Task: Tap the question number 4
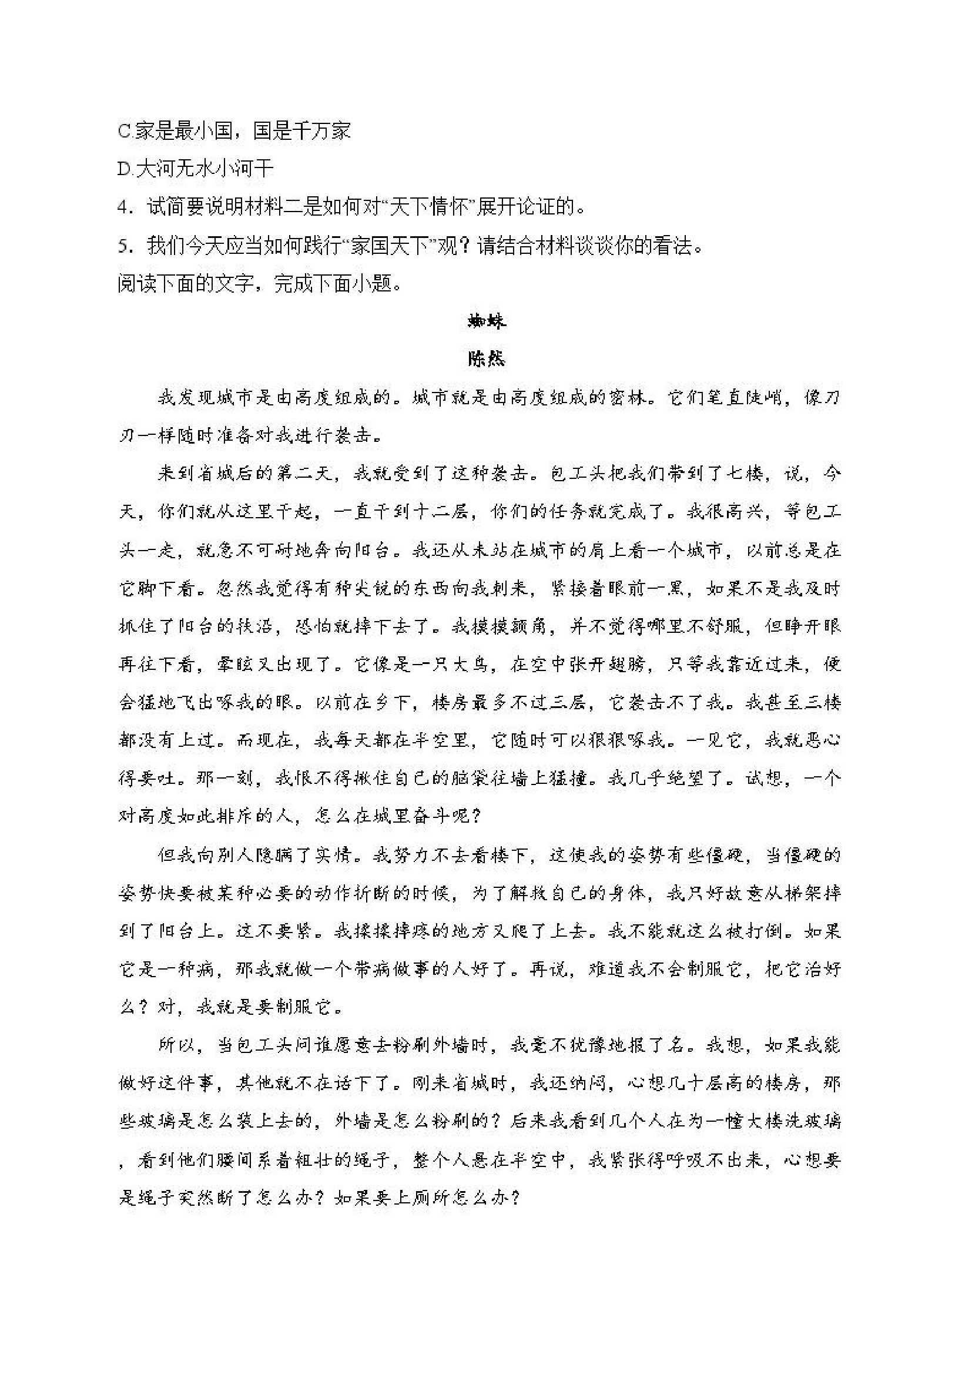(x=124, y=208)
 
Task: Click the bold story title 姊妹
(x=487, y=322)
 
